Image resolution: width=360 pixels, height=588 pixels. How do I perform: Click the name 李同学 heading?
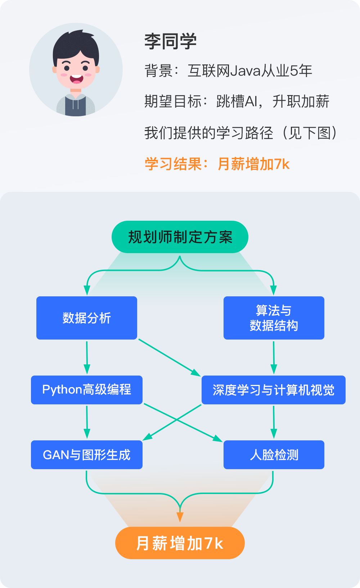(x=170, y=42)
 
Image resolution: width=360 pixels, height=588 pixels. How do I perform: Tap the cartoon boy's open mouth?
(x=76, y=79)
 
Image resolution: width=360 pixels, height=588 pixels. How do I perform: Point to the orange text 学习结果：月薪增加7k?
(x=217, y=164)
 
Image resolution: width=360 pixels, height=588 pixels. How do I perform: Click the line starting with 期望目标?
(x=237, y=102)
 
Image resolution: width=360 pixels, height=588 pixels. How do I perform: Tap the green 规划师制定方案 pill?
(x=180, y=237)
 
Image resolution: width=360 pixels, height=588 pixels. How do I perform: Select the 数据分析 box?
(x=87, y=318)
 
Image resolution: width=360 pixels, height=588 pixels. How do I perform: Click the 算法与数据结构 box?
(x=274, y=318)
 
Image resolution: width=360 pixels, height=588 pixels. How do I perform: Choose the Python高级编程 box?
(x=87, y=390)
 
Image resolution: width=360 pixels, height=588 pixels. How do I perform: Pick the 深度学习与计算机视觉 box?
(x=274, y=390)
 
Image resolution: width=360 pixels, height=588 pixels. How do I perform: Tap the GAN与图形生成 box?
(x=87, y=455)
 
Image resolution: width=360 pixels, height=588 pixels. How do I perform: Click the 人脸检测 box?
(x=274, y=455)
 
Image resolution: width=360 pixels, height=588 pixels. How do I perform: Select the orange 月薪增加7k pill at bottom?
(x=180, y=543)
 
